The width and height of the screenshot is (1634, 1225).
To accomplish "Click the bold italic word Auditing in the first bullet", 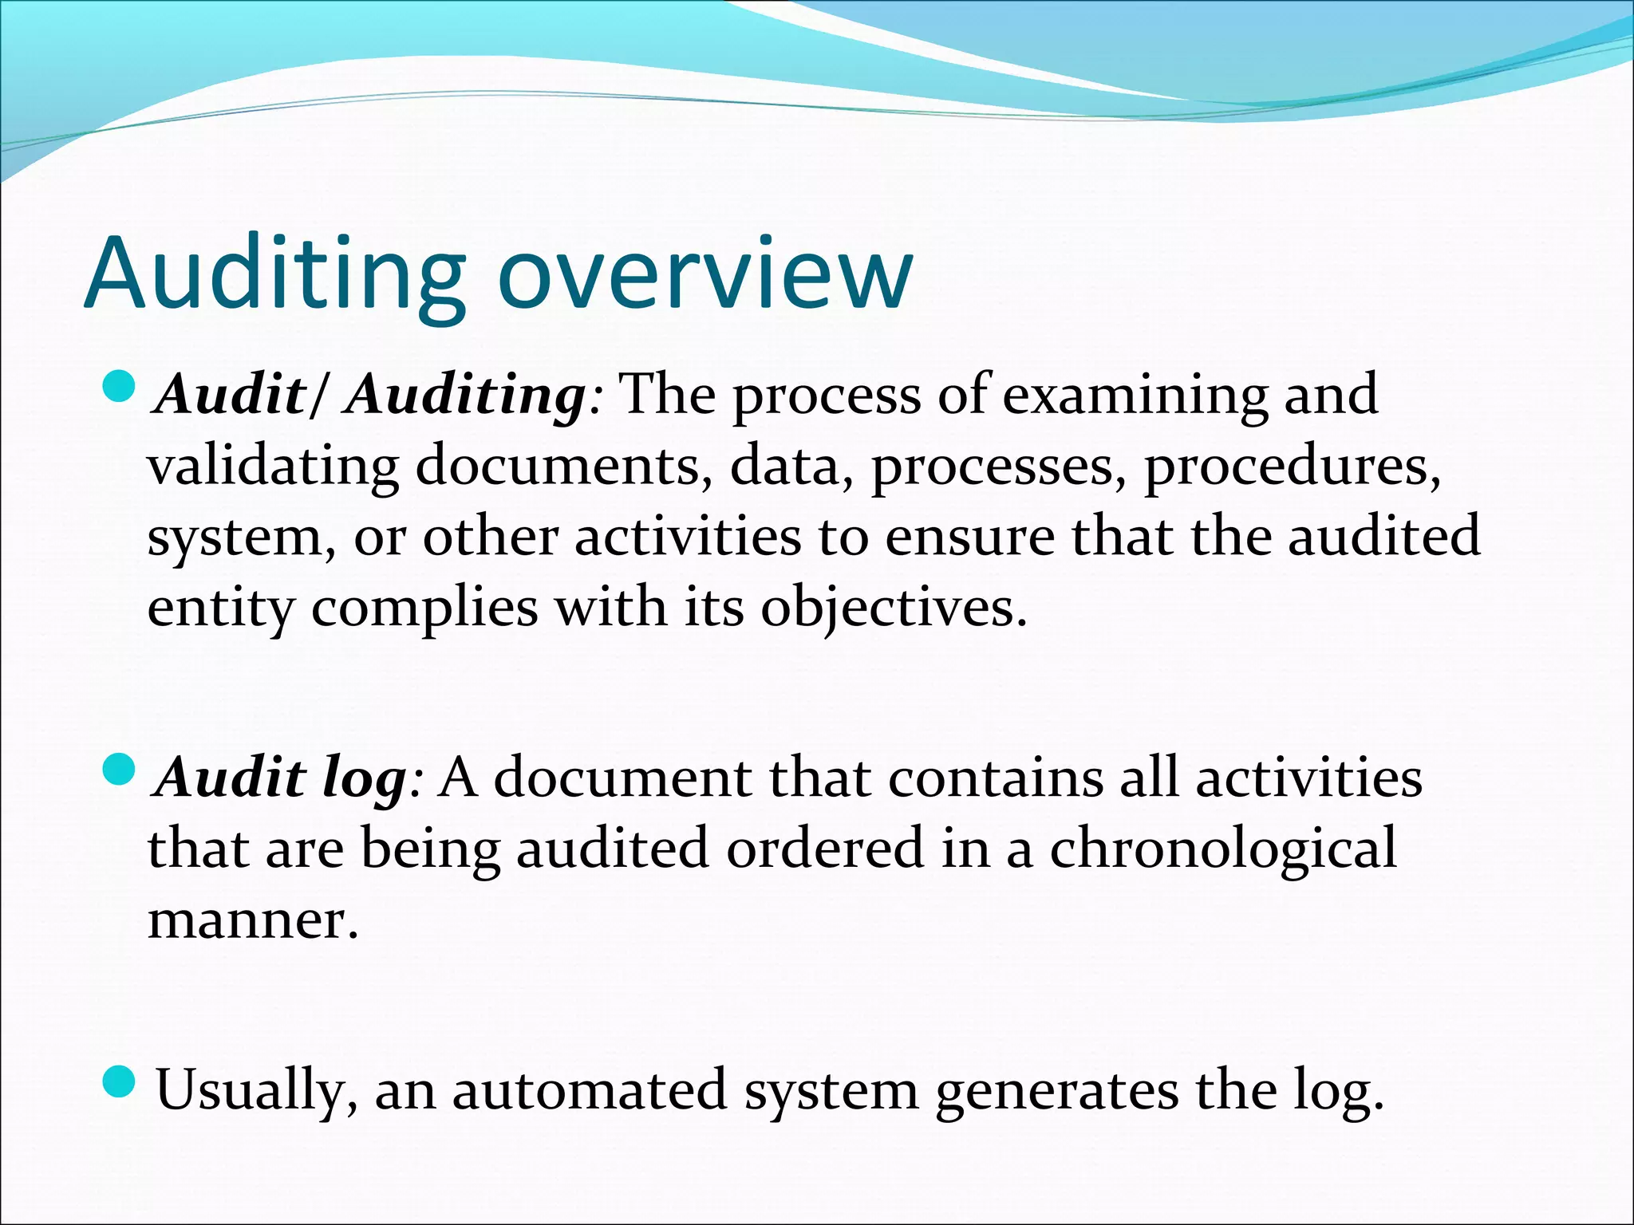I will click(x=466, y=396).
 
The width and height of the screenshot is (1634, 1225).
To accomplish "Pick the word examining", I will click(x=1134, y=396).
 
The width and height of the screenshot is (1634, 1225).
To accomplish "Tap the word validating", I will click(x=273, y=467).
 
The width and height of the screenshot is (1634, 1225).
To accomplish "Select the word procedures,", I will click(x=1293, y=467).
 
